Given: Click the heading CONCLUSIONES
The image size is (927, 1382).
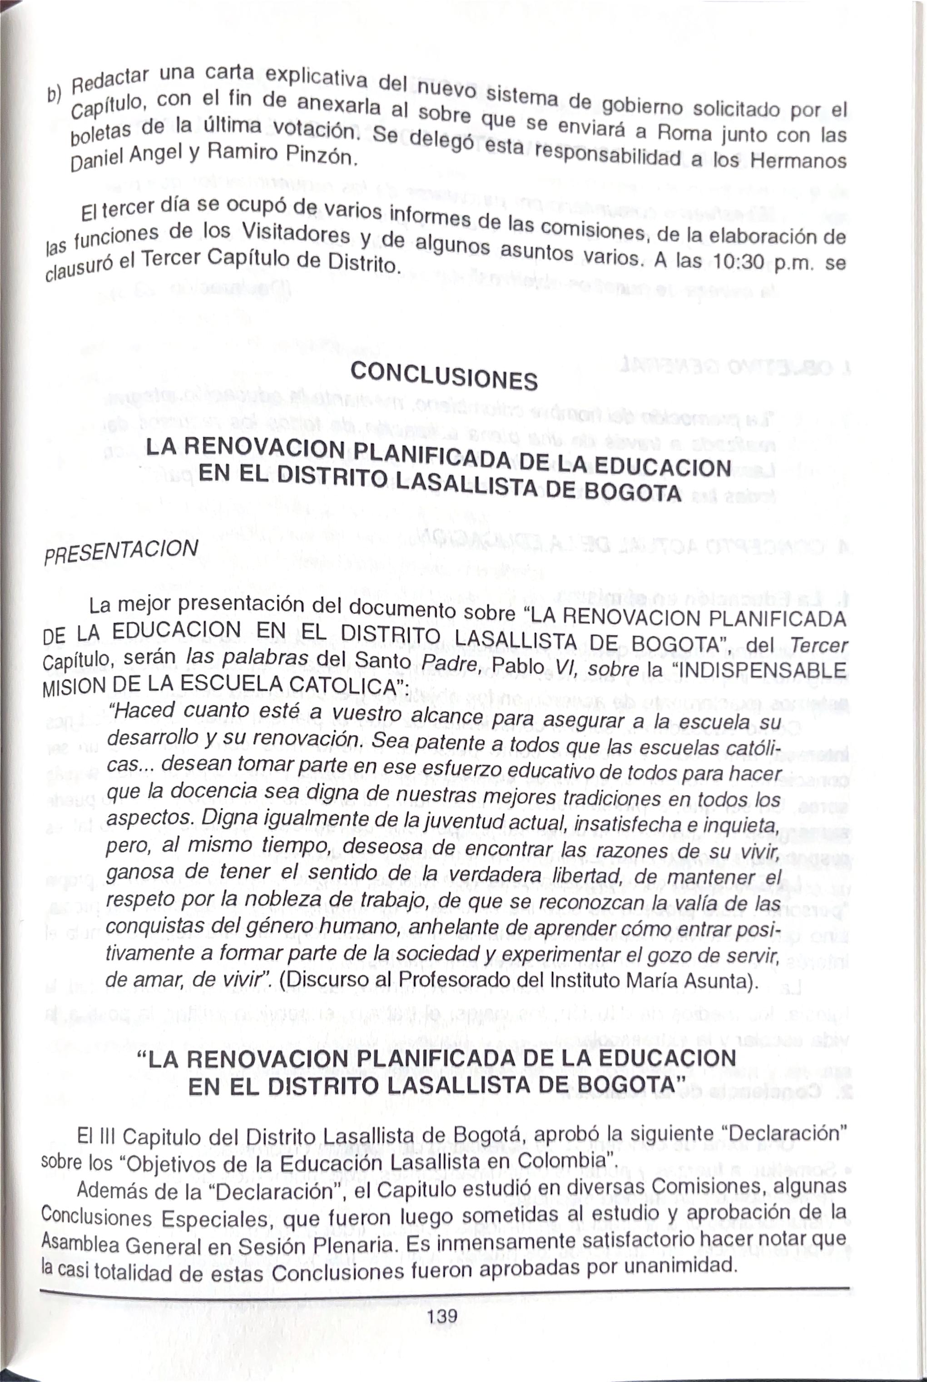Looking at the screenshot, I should pyautogui.click(x=444, y=376).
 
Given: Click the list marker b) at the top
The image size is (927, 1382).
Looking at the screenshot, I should pyautogui.click(x=55, y=94).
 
